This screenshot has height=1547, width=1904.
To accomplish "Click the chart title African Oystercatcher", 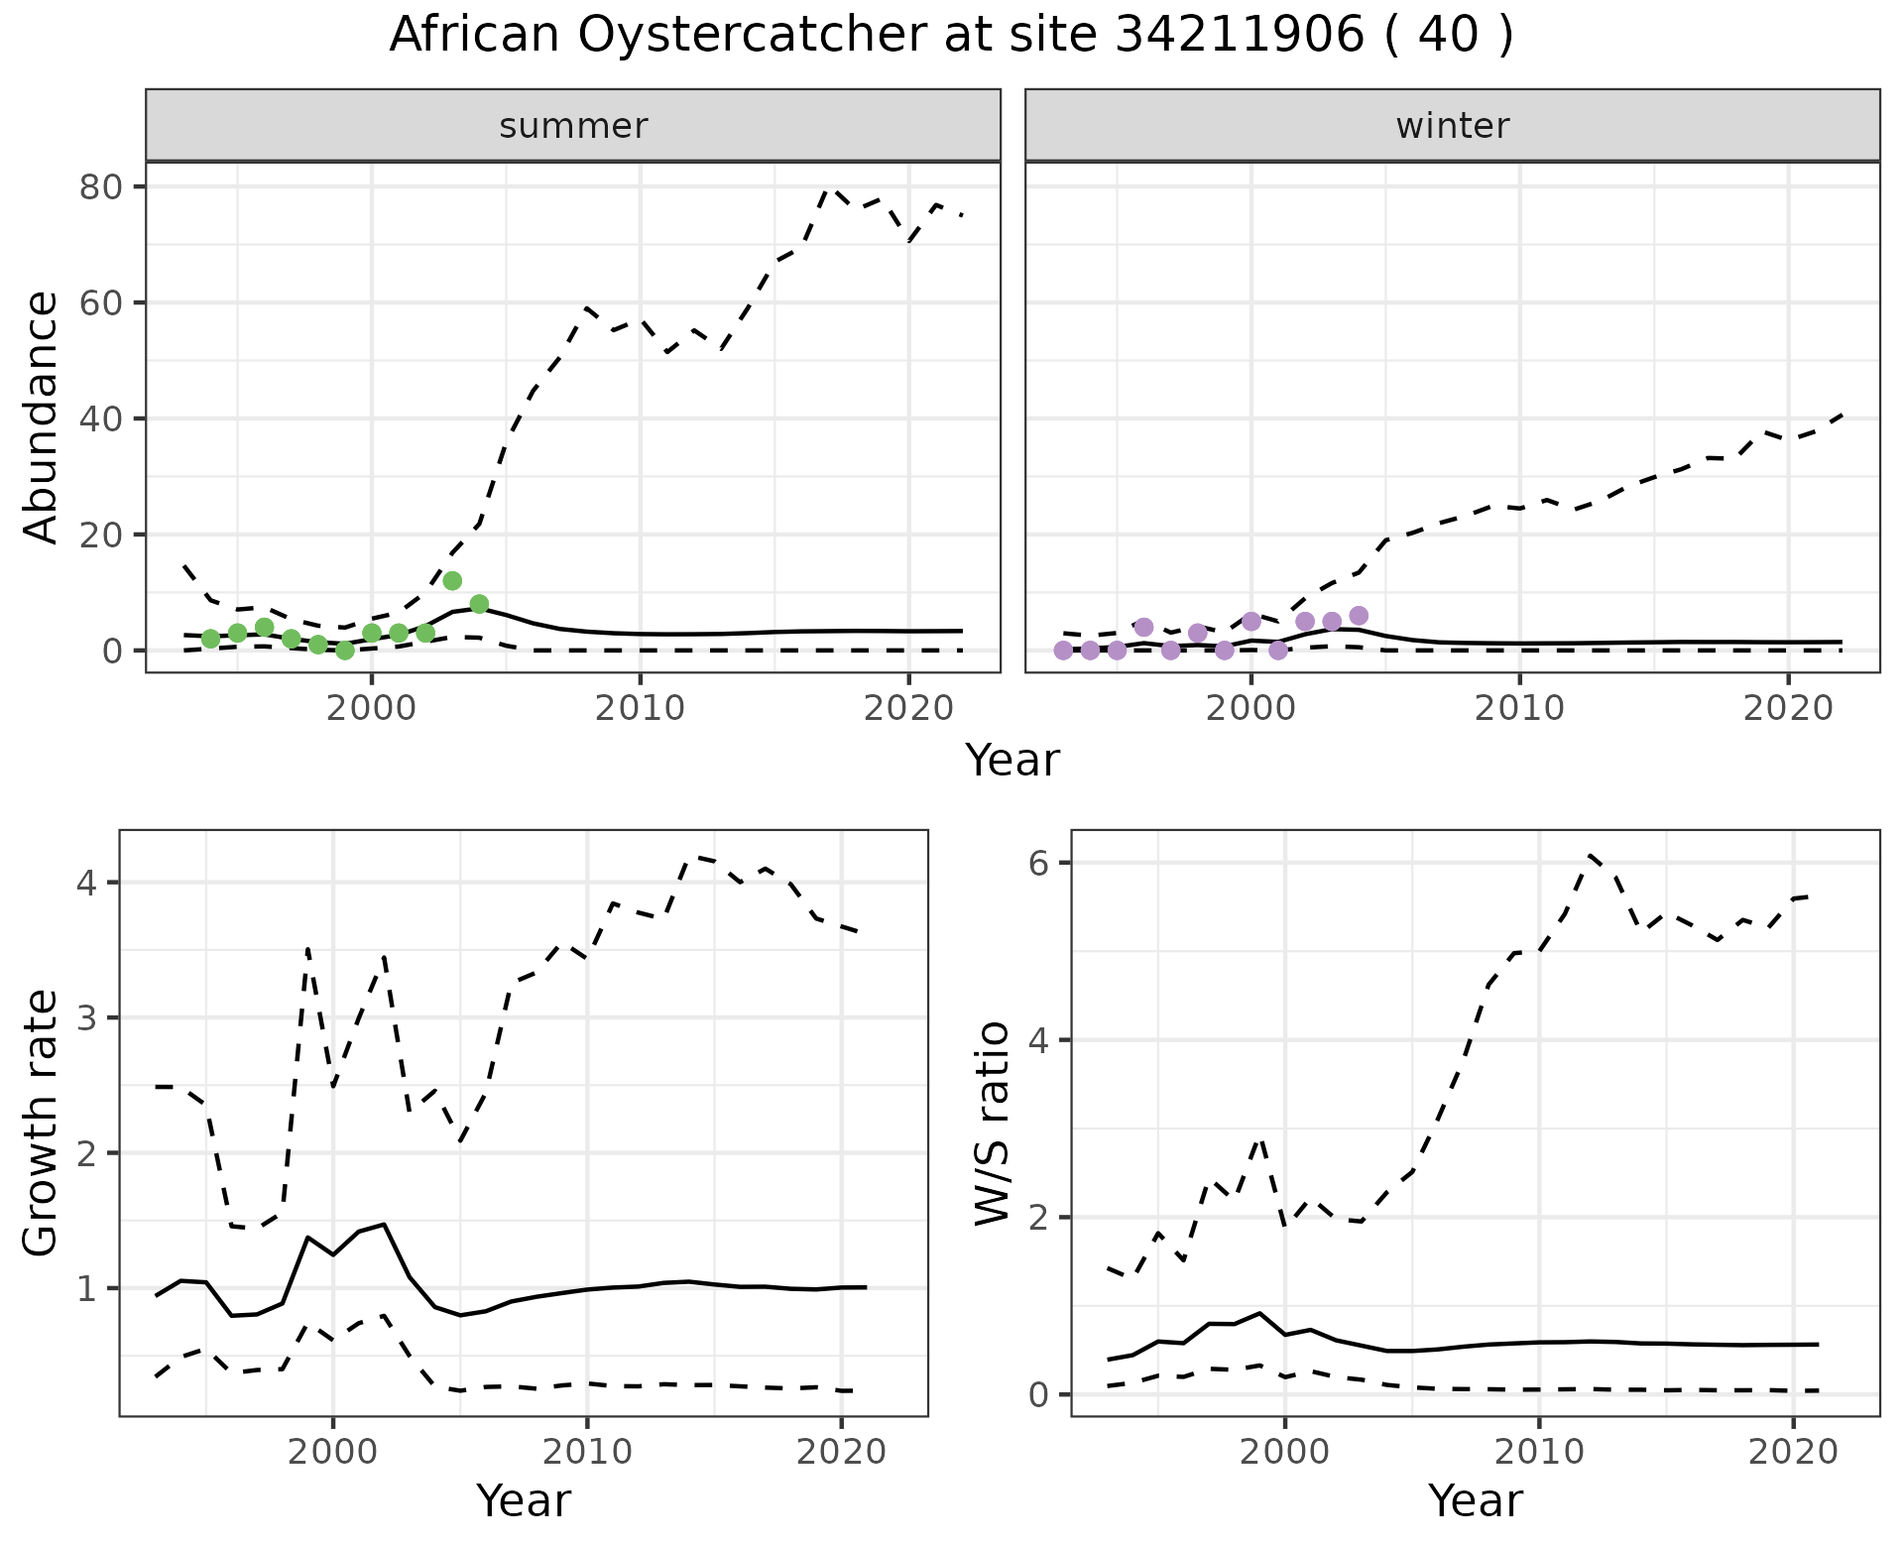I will (951, 36).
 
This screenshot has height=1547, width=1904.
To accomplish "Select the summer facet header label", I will (573, 126).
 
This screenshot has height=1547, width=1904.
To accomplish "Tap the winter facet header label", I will (1452, 126).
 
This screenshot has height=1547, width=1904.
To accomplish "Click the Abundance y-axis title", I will (42, 417).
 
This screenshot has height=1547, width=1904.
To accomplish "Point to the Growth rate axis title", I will (42, 1124).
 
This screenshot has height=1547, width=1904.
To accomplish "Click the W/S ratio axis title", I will (993, 1124).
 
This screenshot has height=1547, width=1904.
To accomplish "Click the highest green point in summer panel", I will (452, 580).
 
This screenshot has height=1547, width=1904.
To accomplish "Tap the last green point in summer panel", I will (479, 604).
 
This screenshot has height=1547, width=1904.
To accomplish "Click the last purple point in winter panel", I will (1359, 616).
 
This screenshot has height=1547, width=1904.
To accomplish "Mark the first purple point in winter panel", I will (1063, 651).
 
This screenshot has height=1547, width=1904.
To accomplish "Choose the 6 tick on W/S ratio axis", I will (1038, 863).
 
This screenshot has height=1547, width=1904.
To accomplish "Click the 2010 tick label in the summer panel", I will (640, 709).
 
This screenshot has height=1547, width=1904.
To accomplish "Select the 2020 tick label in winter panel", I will (1788, 709).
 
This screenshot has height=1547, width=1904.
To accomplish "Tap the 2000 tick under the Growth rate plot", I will (333, 1453).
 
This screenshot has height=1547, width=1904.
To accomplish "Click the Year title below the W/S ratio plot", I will (1476, 1500).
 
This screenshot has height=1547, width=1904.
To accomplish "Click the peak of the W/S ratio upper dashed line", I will (1590, 854).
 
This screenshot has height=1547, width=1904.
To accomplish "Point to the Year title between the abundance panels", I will (1012, 761).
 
